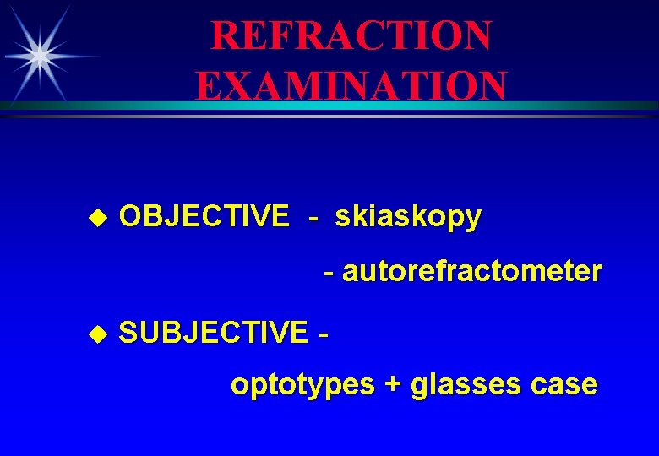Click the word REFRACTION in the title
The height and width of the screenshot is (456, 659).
[351, 35]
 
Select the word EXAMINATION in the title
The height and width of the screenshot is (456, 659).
[351, 85]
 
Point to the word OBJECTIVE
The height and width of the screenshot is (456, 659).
[204, 217]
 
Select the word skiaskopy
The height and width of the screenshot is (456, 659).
[408, 217]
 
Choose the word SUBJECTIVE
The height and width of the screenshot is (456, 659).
[213, 333]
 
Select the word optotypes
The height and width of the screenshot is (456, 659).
[302, 385]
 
